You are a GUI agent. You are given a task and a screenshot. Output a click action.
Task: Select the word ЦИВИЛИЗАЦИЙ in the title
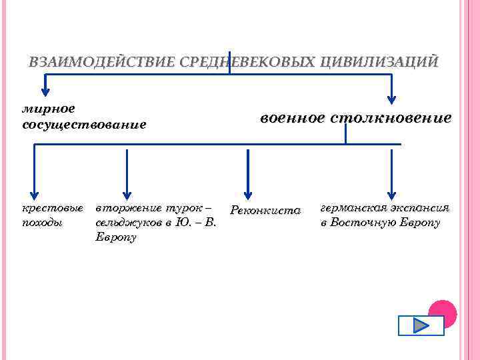[x=379, y=63]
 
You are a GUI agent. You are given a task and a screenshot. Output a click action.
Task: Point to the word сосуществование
[x=84, y=125]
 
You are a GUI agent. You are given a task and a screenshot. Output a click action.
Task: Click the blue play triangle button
[x=421, y=325]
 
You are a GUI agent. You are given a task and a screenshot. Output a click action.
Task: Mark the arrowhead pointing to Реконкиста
[x=247, y=193]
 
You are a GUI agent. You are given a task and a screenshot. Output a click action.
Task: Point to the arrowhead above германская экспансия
[x=391, y=193]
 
